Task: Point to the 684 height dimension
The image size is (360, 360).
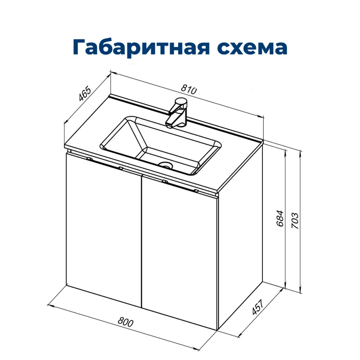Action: [280, 218]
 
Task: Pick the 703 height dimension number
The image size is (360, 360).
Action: [295, 220]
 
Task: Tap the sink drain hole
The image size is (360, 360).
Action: [167, 165]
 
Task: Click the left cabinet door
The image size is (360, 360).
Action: [103, 229]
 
